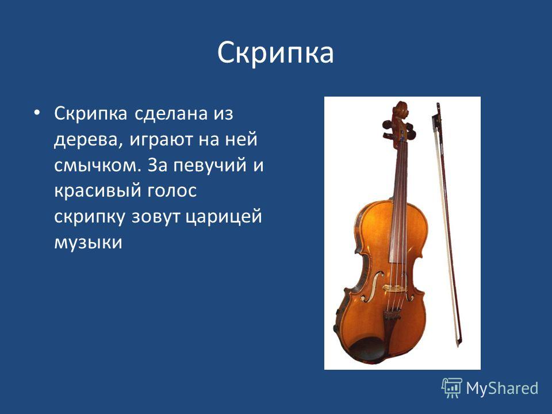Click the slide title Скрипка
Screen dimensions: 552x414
tap(275, 53)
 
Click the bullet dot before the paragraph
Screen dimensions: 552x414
tap(37, 113)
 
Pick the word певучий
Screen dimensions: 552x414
tap(209, 166)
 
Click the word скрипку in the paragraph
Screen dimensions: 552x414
tap(90, 217)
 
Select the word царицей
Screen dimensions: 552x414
tap(224, 217)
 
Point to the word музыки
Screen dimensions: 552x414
tap(88, 243)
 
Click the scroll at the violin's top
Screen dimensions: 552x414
tap(401, 112)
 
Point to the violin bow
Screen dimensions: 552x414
tap(447, 225)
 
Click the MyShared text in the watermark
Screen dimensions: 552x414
tap(503, 388)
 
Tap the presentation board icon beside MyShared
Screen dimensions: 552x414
tap(452, 388)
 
